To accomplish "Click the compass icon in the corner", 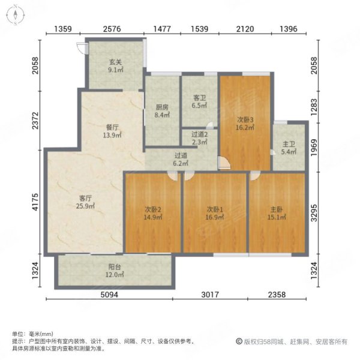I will (13, 15).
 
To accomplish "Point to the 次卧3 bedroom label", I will (246, 122).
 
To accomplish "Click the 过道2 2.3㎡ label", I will (199, 139).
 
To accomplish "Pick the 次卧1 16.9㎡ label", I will (215, 213).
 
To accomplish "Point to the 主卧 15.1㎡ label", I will (277, 213).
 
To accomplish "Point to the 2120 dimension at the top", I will (245, 29).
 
